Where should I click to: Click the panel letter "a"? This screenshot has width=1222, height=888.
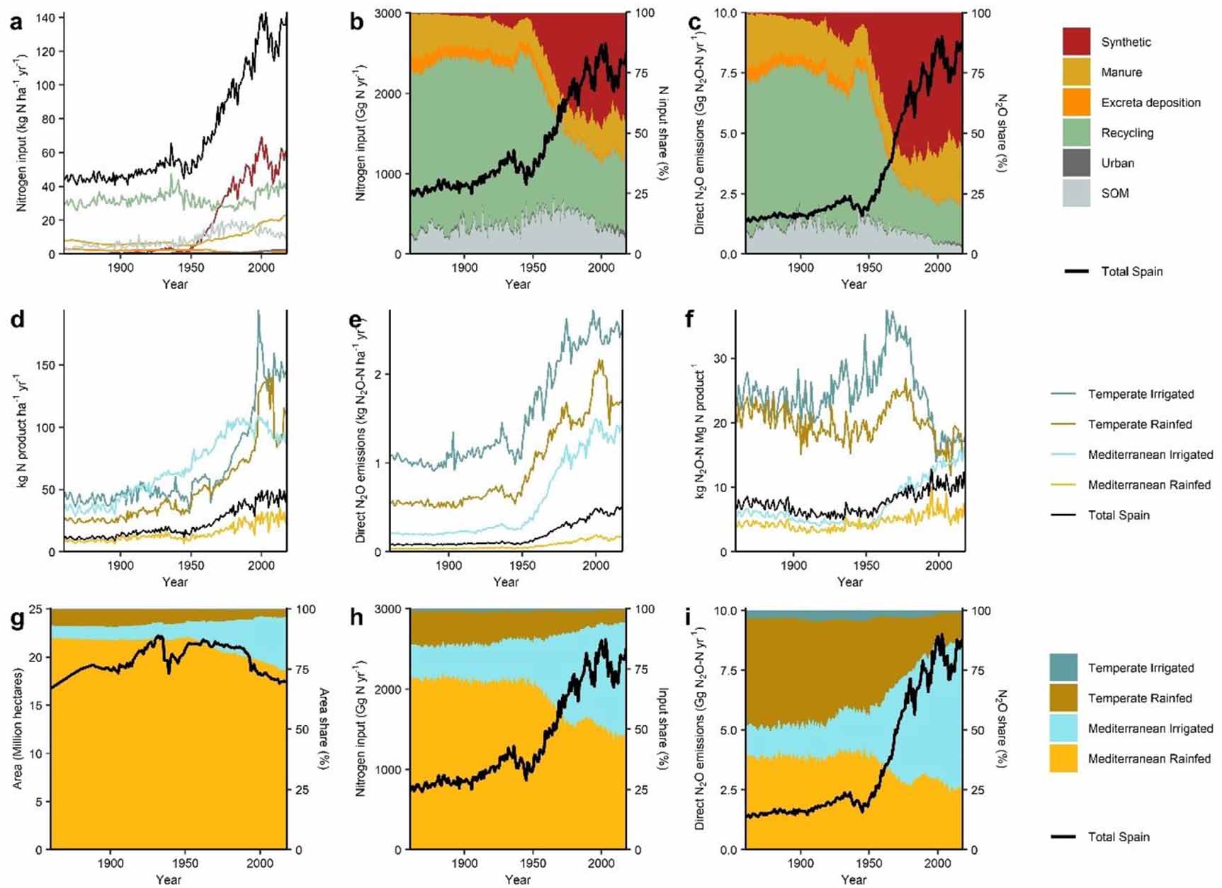pyautogui.click(x=16, y=23)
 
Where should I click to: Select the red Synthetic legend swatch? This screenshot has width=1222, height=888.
pyautogui.click(x=1076, y=42)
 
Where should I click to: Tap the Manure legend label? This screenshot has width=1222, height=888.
pyautogui.click(x=1121, y=72)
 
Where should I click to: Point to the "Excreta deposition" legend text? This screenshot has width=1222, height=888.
pyautogui.click(x=1150, y=103)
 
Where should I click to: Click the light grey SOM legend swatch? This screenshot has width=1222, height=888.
pyautogui.click(x=1076, y=193)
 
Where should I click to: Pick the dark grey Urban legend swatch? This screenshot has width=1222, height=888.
pyautogui.click(x=1076, y=163)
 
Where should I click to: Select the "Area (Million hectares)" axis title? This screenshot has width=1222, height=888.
pyautogui.click(x=18, y=729)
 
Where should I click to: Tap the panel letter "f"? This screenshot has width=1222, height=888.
pyautogui.click(x=690, y=320)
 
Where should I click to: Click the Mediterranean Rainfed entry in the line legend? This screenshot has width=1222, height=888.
pyautogui.click(x=1149, y=485)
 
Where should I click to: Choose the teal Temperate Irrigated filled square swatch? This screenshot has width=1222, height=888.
pyautogui.click(x=1063, y=668)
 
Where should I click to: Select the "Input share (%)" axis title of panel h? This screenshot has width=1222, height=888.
pyautogui.click(x=664, y=729)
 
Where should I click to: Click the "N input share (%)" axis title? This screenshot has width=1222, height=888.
pyautogui.click(x=664, y=133)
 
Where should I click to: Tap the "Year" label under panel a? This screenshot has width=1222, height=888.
pyautogui.click(x=174, y=284)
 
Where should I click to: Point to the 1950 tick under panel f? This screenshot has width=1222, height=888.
pyautogui.click(x=866, y=565)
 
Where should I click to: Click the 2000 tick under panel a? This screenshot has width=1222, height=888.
pyautogui.click(x=261, y=268)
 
